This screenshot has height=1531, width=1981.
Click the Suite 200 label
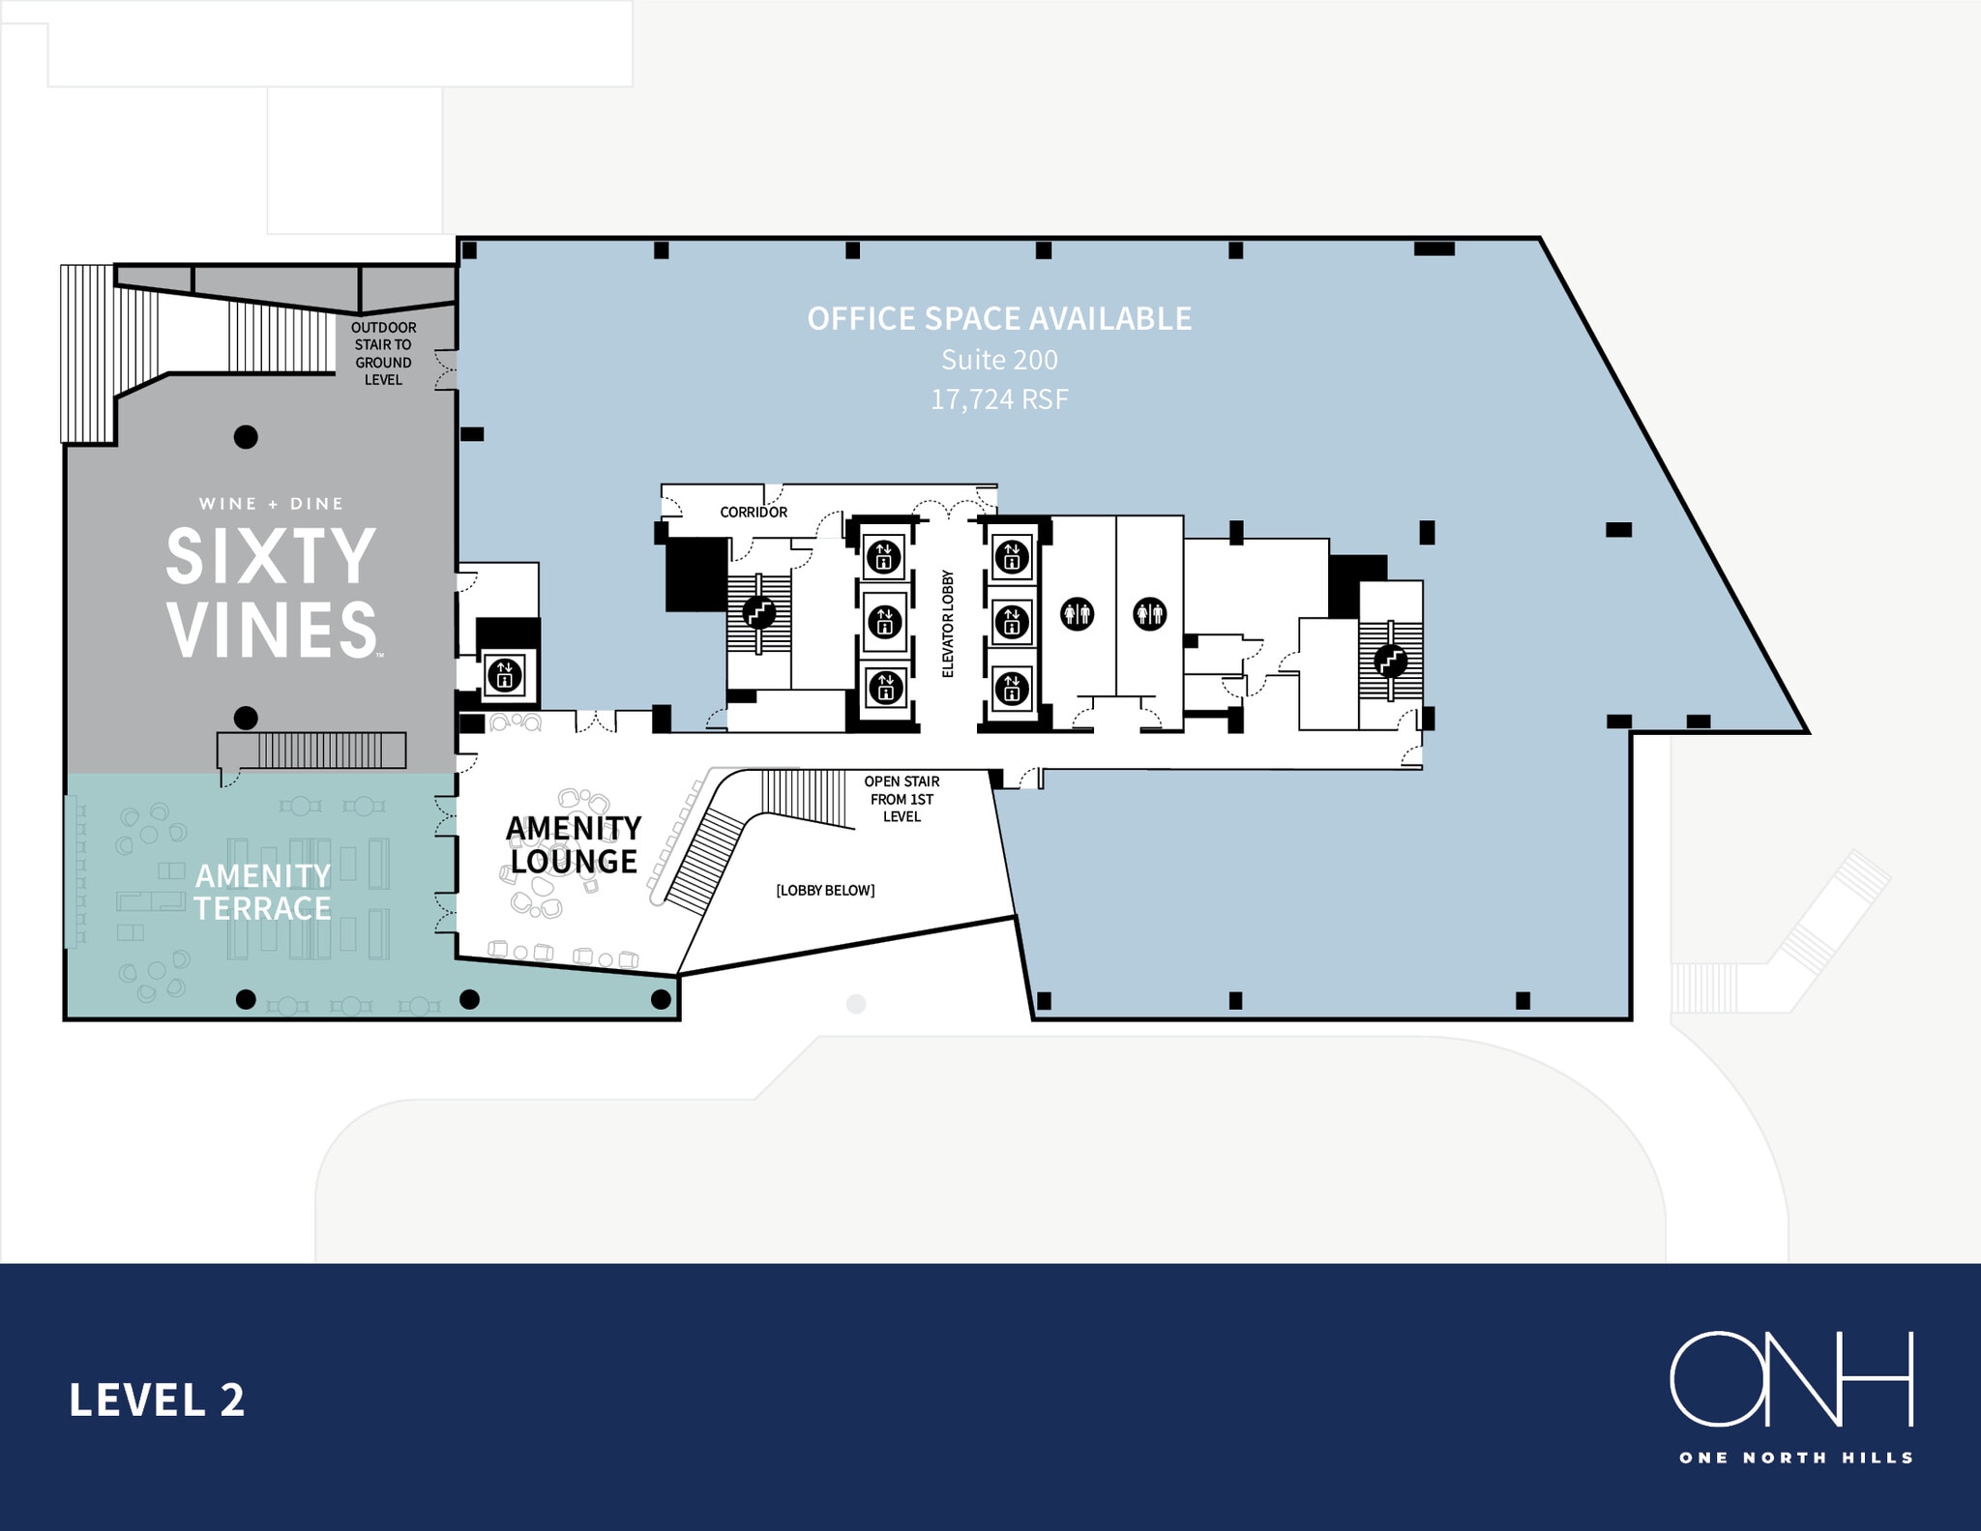(999, 360)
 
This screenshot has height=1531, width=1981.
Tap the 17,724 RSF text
(999, 399)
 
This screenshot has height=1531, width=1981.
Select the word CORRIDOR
(754, 512)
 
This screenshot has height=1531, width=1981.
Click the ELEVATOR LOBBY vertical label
(948, 623)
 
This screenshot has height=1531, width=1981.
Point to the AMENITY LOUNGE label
(574, 844)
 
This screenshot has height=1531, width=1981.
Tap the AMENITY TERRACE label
(263, 892)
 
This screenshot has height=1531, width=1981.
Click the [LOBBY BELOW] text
(825, 890)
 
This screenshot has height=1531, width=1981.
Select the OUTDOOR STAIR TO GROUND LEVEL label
(384, 354)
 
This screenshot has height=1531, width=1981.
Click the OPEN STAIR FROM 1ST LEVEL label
(902, 799)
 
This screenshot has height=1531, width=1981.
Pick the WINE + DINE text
(272, 504)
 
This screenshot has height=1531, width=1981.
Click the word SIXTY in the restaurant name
(271, 556)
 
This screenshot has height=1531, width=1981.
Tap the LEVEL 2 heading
(157, 1400)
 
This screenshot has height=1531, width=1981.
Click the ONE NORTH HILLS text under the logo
(1796, 1457)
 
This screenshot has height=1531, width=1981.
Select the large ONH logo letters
(1791, 1378)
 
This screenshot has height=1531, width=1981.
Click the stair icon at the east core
(1391, 662)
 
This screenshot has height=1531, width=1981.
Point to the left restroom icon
(1078, 613)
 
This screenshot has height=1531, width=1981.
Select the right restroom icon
(1150, 613)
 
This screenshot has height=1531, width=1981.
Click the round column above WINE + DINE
(247, 437)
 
